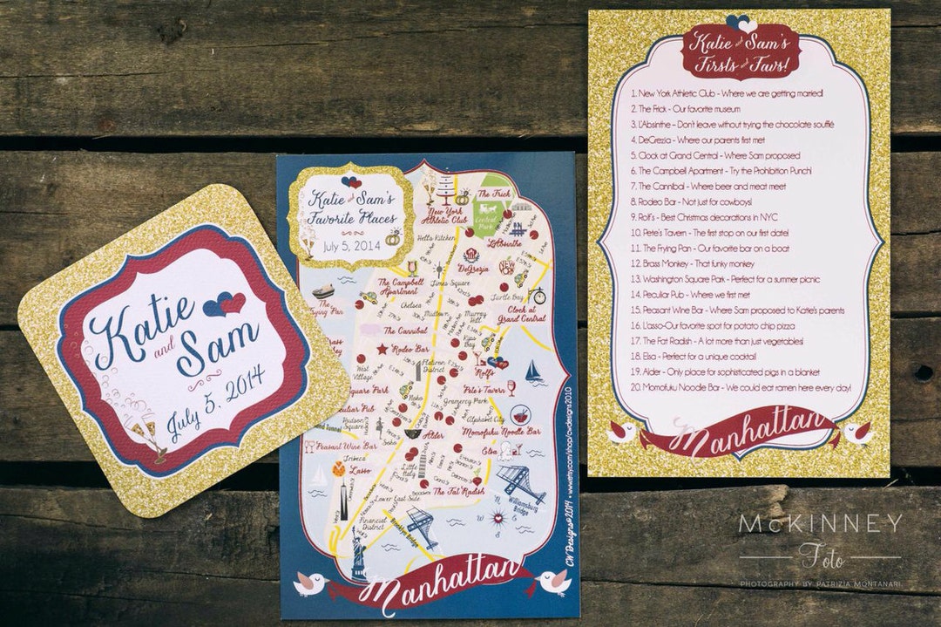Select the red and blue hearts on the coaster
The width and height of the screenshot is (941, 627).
[x=225, y=303]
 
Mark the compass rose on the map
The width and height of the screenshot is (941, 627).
[x=499, y=521]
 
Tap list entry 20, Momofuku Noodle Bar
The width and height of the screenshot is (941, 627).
[x=744, y=386]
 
